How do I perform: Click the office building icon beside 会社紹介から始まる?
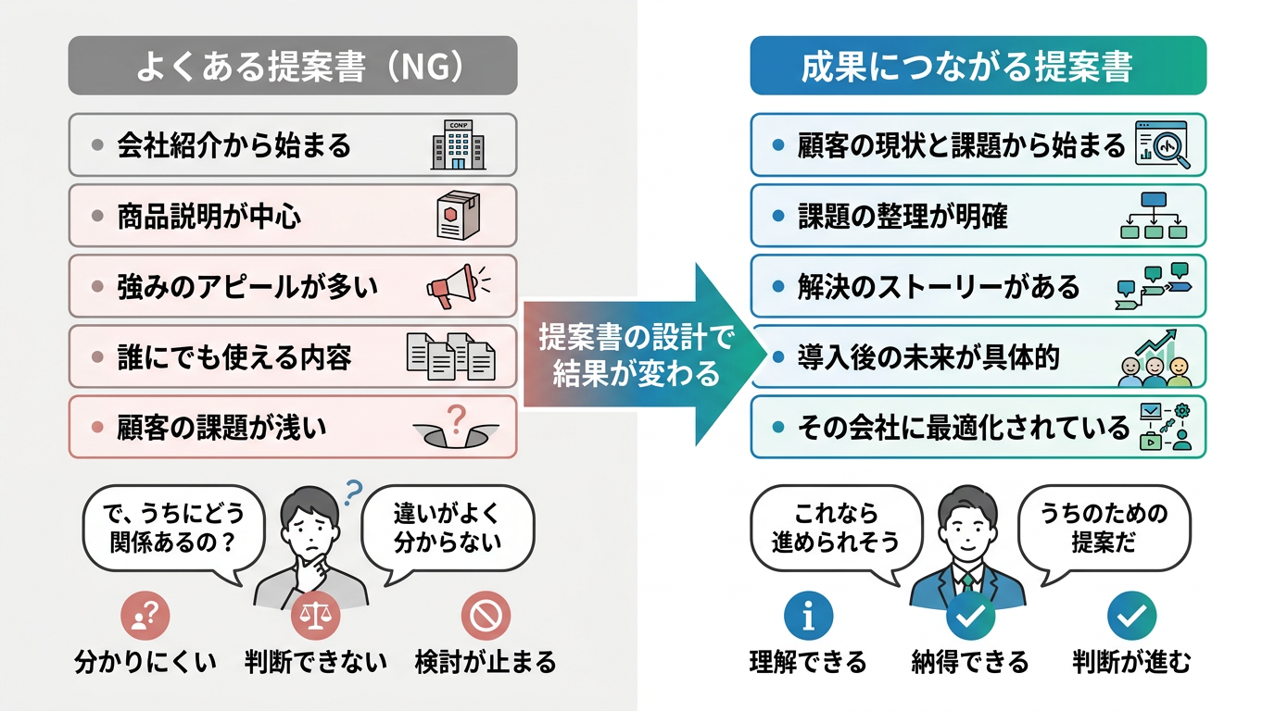[458, 144]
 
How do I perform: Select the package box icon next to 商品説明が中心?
[461, 216]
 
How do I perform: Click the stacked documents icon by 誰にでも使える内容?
[451, 355]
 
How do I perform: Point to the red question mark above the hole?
[455, 416]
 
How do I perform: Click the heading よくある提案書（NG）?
[293, 66]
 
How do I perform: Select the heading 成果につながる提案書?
[978, 66]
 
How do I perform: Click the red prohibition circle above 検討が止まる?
[486, 616]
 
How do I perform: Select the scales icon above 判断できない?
[316, 616]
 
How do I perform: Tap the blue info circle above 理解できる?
[808, 616]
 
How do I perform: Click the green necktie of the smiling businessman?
[968, 581]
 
